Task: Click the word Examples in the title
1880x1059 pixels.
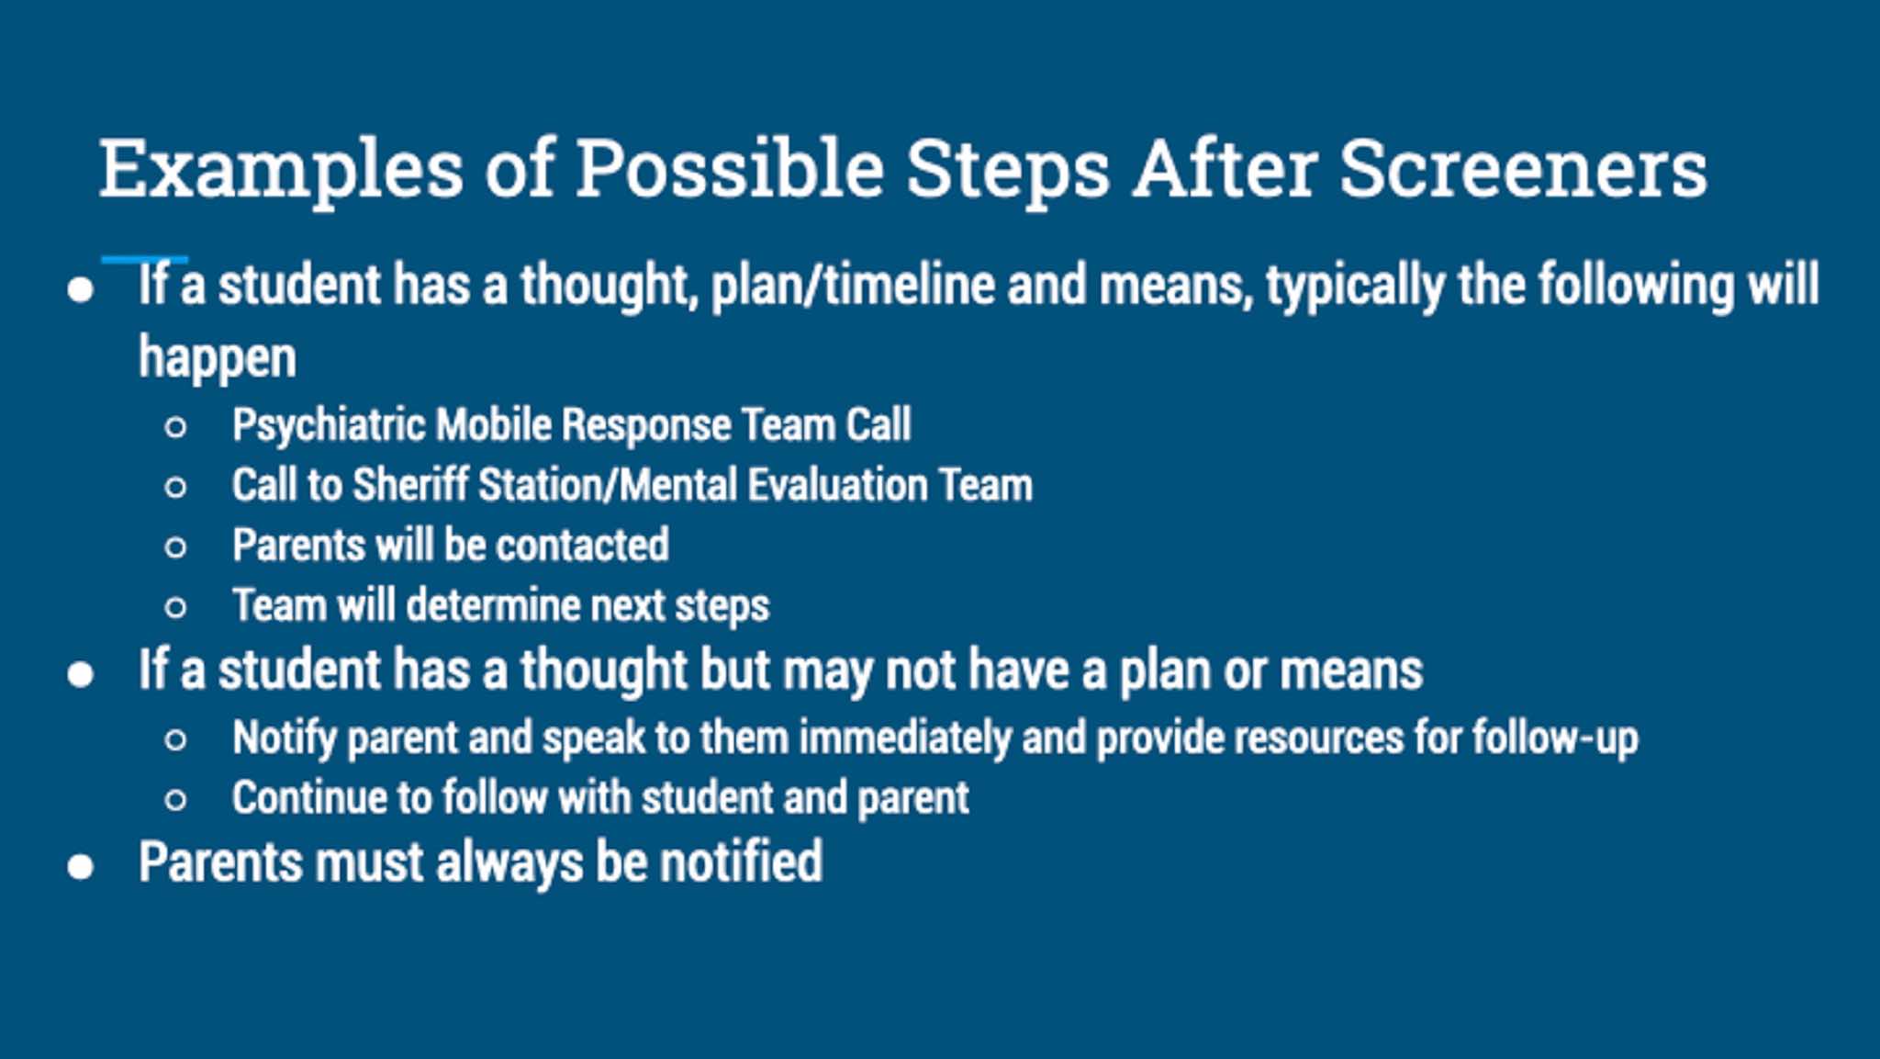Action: click(x=281, y=170)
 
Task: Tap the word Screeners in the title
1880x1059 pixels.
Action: click(x=1523, y=169)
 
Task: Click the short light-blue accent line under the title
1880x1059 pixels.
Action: click(x=145, y=260)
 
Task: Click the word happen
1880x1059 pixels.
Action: click(x=218, y=358)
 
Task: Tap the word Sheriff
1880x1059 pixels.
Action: click(x=409, y=484)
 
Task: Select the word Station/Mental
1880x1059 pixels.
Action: click(x=608, y=484)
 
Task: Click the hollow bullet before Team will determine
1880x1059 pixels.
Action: click(x=175, y=607)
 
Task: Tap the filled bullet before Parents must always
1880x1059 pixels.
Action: click(x=81, y=866)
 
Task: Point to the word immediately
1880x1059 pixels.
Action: click(x=905, y=738)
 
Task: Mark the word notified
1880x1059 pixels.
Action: click(x=741, y=862)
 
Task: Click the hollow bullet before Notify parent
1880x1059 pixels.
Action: click(x=175, y=740)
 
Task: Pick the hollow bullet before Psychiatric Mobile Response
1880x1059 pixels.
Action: click(x=175, y=427)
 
